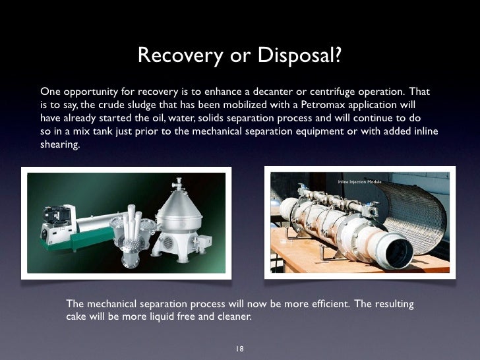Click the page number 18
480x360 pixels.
240,348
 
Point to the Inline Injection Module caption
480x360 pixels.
359,181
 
